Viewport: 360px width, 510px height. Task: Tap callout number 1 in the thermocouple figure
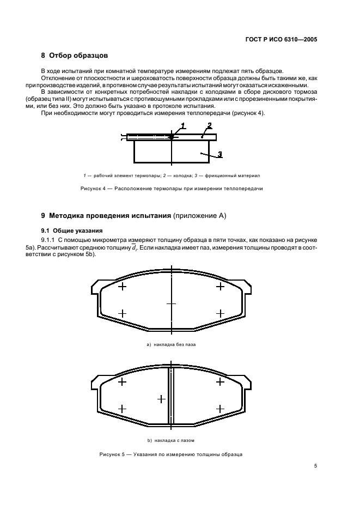tap(184, 125)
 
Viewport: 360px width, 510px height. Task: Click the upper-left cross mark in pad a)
tap(122, 286)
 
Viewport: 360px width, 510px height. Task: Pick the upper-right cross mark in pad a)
tap(220, 286)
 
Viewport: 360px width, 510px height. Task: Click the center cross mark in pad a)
tap(172, 303)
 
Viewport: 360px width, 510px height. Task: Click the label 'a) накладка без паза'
tap(171, 344)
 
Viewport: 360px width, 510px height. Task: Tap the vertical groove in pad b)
tap(171, 395)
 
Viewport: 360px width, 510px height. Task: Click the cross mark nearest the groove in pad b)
tap(161, 399)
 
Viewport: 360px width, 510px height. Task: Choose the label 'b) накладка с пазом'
tap(171, 440)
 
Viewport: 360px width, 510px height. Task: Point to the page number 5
tap(315, 466)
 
